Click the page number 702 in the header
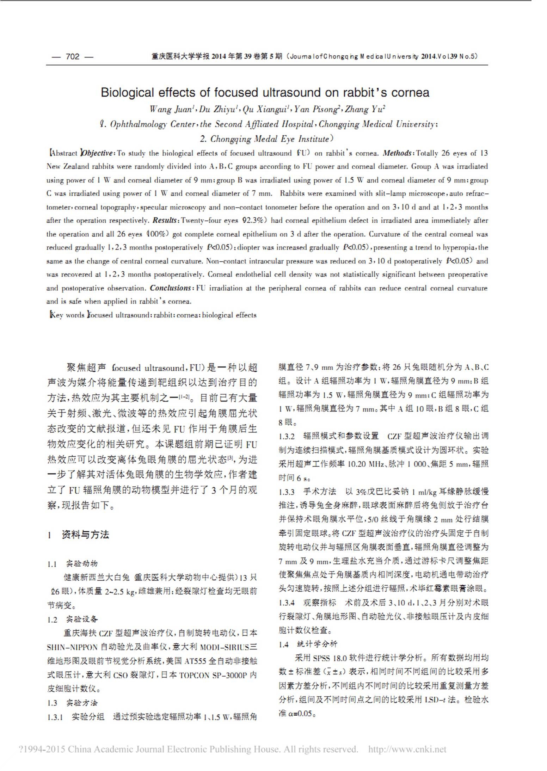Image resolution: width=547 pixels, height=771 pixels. (73, 56)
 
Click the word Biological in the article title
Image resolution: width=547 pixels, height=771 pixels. (127, 93)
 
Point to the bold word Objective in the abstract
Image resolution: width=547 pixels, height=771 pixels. (97, 153)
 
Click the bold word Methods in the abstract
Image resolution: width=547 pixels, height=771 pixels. (397, 153)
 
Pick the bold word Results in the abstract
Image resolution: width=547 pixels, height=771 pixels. (165, 221)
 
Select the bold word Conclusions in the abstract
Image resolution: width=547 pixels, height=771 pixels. (171, 288)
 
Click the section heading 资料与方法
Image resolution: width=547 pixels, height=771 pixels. (85, 535)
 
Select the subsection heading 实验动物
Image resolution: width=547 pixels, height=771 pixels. (82, 563)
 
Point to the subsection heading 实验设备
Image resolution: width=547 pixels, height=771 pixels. (82, 619)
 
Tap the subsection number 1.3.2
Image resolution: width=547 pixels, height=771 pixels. (287, 436)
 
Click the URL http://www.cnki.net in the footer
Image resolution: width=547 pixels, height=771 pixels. (407, 749)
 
